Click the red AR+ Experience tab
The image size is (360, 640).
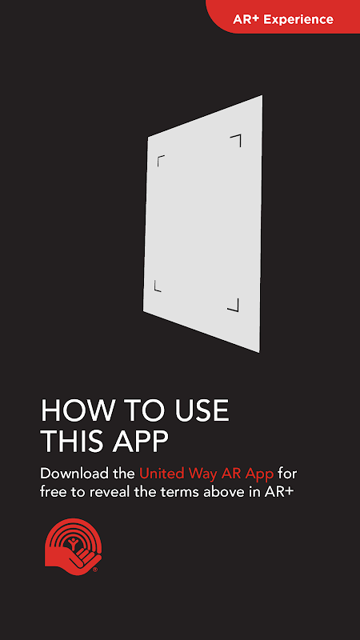click(x=283, y=16)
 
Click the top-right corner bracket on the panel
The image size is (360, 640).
click(x=235, y=141)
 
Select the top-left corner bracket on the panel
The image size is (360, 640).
click(x=161, y=161)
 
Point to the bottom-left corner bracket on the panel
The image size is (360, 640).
click(x=157, y=286)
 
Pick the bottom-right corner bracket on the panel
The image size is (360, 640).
click(x=233, y=305)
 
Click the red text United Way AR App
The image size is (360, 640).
click(x=206, y=474)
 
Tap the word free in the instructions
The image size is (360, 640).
click(x=52, y=492)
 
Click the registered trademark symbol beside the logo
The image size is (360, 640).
click(x=95, y=569)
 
